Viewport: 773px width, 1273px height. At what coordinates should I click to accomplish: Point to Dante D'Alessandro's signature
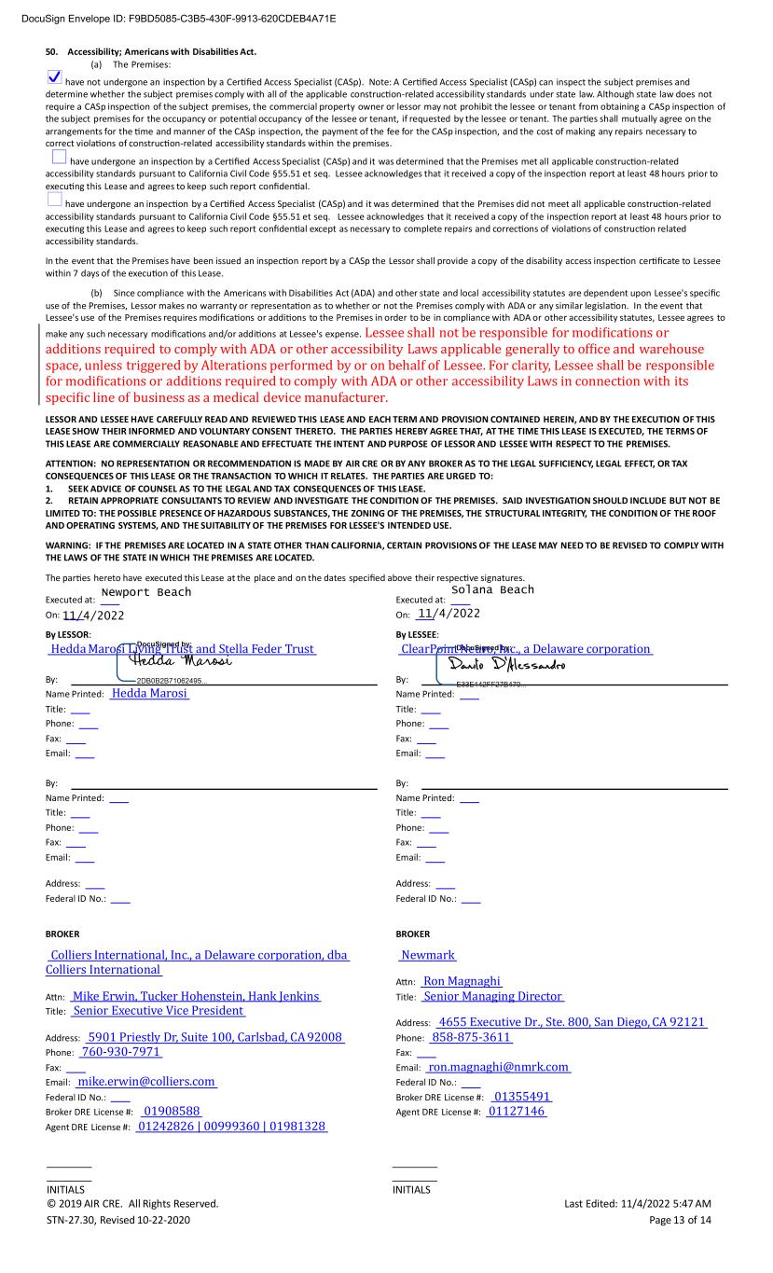[x=507, y=664]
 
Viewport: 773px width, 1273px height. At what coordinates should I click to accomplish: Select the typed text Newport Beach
[x=145, y=592]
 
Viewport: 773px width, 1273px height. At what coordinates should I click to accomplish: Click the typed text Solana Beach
[x=492, y=589]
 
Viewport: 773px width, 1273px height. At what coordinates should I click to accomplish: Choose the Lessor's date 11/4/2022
[x=93, y=616]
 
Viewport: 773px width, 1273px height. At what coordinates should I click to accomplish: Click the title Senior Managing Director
[x=492, y=997]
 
